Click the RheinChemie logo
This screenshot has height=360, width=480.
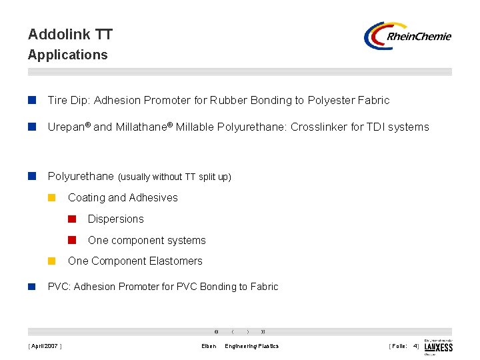pos(407,36)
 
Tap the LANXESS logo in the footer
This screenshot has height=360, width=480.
pos(438,347)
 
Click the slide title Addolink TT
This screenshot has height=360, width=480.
pos(70,34)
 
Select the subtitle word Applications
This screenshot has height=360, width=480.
pos(67,55)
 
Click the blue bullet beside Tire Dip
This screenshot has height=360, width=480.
pos(31,101)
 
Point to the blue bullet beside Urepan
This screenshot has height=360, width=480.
pos(31,127)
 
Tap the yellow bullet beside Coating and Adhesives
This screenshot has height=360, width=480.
pos(52,198)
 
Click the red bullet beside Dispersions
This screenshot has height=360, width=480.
pos(72,219)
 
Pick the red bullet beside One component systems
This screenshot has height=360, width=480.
pos(72,240)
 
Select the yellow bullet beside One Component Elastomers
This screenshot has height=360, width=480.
pos(52,261)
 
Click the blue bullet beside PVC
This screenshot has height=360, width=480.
pos(31,287)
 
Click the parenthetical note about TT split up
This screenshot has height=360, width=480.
pos(175,177)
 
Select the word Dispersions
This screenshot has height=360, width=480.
pos(115,219)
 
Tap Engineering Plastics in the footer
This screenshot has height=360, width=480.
pos(252,346)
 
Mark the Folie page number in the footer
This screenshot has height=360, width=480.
pos(404,346)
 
